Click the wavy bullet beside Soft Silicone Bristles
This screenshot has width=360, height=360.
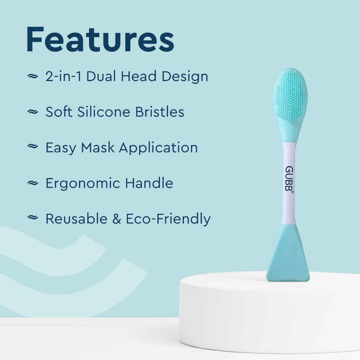coord(33,112)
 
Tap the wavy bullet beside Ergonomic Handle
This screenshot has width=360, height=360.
coord(33,183)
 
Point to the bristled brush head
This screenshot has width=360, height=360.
coord(290,96)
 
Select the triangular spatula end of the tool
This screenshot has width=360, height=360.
coord(288,257)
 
